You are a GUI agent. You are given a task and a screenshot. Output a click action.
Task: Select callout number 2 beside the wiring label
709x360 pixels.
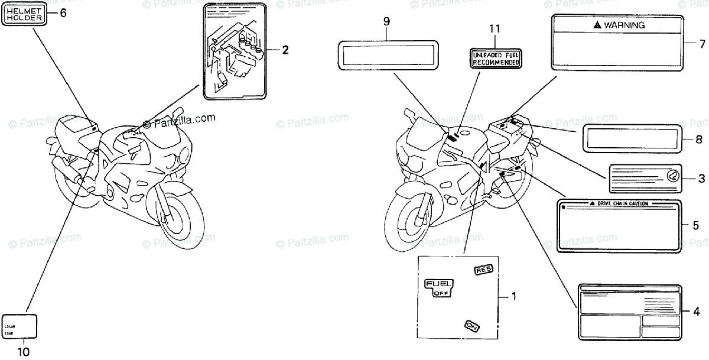(285, 50)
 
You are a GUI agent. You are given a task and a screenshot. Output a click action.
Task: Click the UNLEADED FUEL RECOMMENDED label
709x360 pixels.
(496, 58)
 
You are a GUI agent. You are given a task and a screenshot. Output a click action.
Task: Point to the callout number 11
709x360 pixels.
(495, 28)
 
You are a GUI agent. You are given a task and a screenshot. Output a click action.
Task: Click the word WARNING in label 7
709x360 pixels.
(623, 25)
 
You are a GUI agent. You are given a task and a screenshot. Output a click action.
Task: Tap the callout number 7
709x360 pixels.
(702, 43)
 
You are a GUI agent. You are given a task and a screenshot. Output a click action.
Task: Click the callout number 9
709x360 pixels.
(386, 22)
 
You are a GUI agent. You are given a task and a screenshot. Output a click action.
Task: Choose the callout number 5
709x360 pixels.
(695, 225)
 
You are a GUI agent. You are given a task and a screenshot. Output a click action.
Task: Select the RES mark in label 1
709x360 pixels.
(483, 270)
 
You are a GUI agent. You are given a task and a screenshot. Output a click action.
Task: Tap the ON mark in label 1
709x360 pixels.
(471, 325)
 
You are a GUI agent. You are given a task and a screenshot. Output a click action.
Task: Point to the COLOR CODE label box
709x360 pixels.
(21, 326)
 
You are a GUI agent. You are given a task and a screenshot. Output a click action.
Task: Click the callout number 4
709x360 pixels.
(695, 311)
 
